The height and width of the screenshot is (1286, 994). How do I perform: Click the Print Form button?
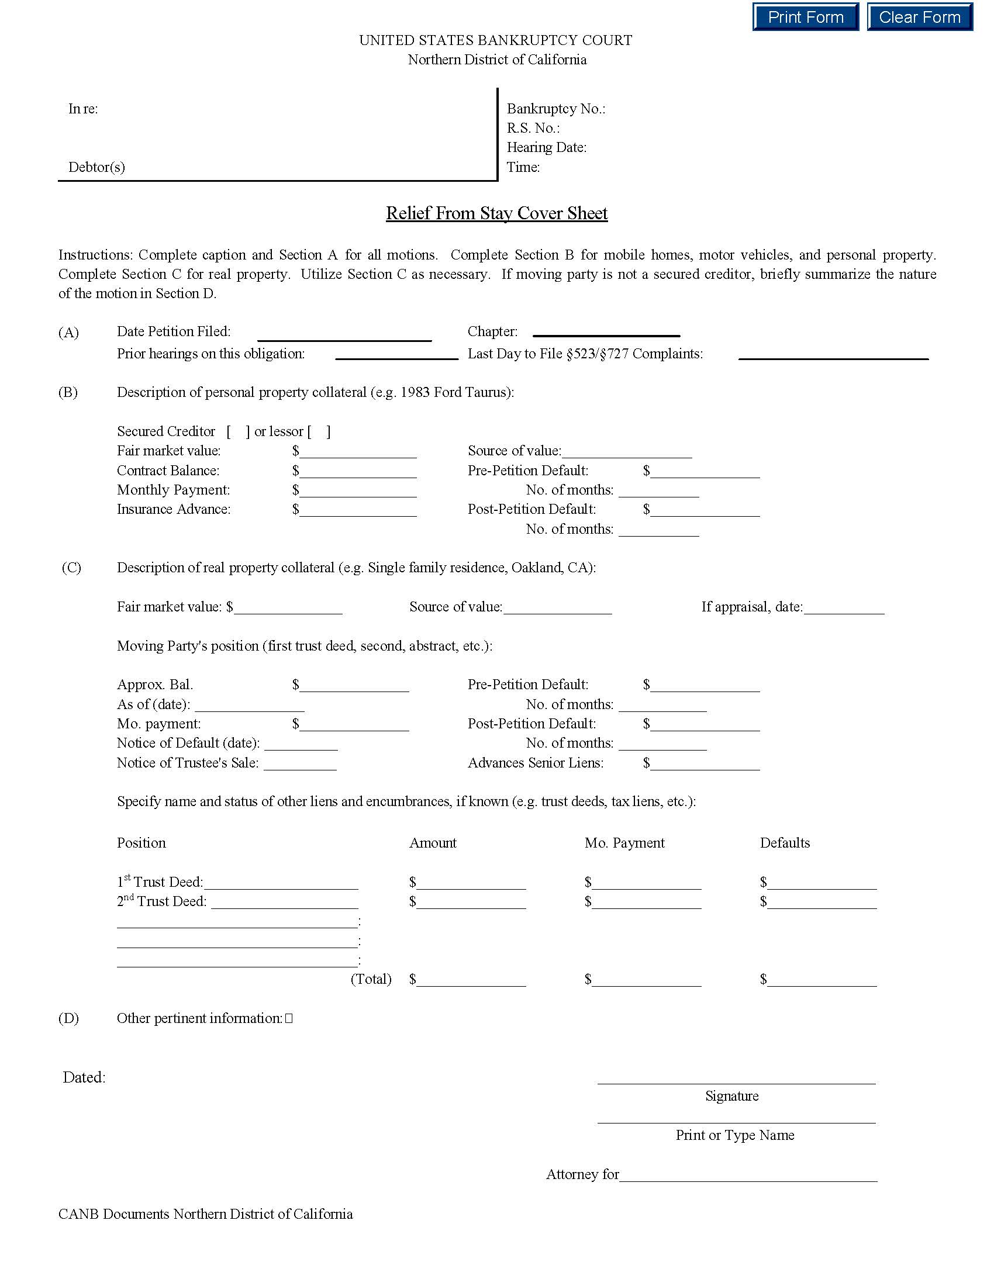point(805,17)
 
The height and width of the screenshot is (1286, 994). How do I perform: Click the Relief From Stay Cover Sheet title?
point(496,213)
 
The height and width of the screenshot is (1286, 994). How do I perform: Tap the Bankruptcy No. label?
point(556,109)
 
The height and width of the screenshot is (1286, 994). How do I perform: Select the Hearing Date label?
point(547,147)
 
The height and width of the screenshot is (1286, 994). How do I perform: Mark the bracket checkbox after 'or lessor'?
point(319,431)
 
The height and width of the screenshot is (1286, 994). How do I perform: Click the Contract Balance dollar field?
point(357,471)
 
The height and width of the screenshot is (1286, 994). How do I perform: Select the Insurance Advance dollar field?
point(357,510)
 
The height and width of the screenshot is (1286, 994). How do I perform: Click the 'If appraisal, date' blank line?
point(844,608)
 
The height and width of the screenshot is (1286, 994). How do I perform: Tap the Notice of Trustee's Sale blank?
point(301,764)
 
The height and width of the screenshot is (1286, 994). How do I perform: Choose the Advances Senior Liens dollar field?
point(705,764)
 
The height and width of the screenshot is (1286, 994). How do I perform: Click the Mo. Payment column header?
point(624,842)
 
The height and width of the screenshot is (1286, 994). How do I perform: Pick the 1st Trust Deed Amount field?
point(471,883)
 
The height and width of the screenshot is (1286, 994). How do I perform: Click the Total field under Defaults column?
point(822,980)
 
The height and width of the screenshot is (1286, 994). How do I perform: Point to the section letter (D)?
point(68,1018)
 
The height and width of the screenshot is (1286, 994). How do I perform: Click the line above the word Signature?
point(736,1082)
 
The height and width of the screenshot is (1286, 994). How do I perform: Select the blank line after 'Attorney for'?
point(748,1176)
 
